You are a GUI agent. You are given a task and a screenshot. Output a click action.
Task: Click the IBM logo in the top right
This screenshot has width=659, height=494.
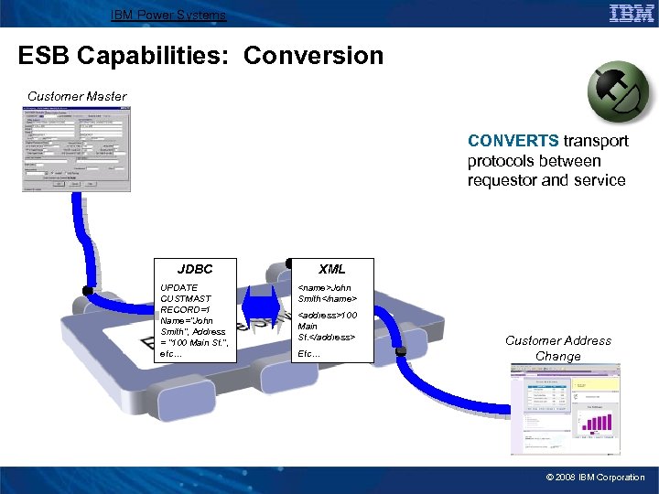coord(631,13)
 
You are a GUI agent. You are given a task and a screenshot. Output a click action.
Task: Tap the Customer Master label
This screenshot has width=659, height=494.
coord(77,96)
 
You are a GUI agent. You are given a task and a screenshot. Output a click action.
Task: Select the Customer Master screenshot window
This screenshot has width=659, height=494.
coord(77,149)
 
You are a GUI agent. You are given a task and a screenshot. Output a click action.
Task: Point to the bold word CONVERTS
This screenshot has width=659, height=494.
coord(513,141)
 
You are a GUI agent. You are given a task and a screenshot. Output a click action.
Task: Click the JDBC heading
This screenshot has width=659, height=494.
coord(195,269)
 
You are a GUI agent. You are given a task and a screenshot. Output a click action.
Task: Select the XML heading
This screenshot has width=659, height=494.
coord(331,269)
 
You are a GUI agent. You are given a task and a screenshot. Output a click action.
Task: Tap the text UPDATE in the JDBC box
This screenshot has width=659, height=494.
coord(179,287)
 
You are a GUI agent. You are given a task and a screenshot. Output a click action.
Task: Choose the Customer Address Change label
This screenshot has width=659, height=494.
coord(558,348)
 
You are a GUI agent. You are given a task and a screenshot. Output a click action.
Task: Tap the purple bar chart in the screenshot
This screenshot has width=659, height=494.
coord(596,425)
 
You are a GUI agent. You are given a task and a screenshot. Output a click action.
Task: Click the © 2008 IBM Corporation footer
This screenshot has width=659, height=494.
coord(595,478)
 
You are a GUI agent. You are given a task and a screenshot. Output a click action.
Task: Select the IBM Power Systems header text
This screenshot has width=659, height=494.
coord(167,15)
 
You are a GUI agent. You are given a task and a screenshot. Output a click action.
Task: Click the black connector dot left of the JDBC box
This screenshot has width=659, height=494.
coord(87,291)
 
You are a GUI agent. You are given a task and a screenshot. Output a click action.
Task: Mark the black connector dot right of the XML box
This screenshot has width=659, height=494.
coord(400,350)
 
